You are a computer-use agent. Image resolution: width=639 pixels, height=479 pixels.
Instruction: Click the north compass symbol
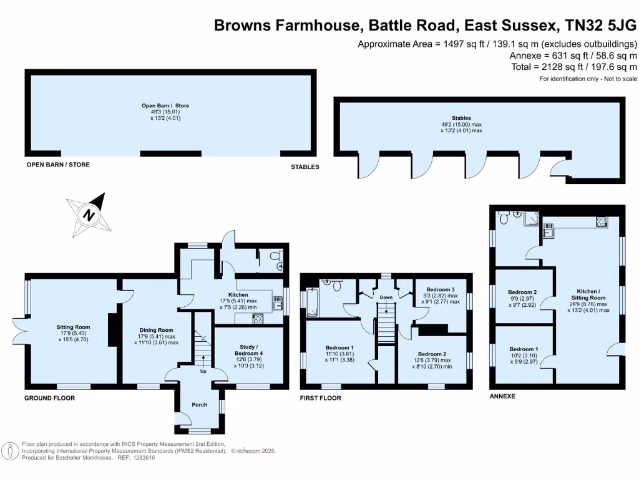point(89,215)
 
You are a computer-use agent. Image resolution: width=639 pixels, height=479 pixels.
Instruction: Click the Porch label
point(199,405)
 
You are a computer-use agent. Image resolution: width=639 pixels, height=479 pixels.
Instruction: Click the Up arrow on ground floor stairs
point(203,360)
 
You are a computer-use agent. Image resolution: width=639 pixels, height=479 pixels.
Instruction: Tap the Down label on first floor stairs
point(386,298)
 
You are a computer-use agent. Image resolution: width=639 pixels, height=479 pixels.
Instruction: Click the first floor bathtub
point(312,302)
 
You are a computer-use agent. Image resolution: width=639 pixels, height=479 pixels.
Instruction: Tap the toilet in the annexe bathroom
point(504,218)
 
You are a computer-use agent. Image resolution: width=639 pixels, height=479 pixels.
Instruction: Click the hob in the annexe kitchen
point(602,221)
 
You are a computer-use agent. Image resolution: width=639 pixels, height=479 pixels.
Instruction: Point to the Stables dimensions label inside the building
point(461,127)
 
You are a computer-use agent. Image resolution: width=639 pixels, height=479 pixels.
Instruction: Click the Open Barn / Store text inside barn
point(165,105)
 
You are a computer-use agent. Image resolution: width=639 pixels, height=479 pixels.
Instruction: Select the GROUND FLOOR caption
point(50,398)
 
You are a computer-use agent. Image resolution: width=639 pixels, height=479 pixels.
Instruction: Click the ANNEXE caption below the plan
point(502,396)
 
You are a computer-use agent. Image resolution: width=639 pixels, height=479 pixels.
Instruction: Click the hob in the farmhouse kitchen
point(258,319)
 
